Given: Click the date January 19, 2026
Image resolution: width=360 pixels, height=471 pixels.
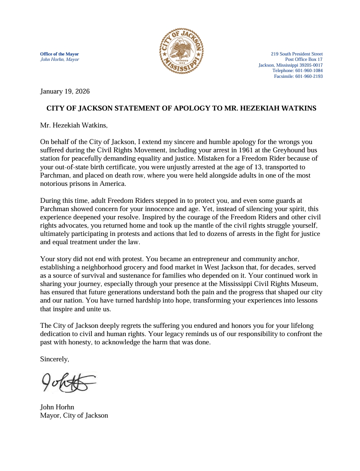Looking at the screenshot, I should coord(65,91).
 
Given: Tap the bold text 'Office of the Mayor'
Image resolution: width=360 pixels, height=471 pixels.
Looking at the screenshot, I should coord(59,54).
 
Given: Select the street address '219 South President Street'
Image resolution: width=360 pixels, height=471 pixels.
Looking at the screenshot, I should coord(297,54).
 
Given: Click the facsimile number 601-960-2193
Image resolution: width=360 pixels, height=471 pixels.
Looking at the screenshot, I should coord(309,77).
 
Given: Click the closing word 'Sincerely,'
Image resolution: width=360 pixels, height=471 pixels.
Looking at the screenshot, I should coord(55,359).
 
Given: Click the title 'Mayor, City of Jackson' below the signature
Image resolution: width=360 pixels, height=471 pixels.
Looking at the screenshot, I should coord(74,416).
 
